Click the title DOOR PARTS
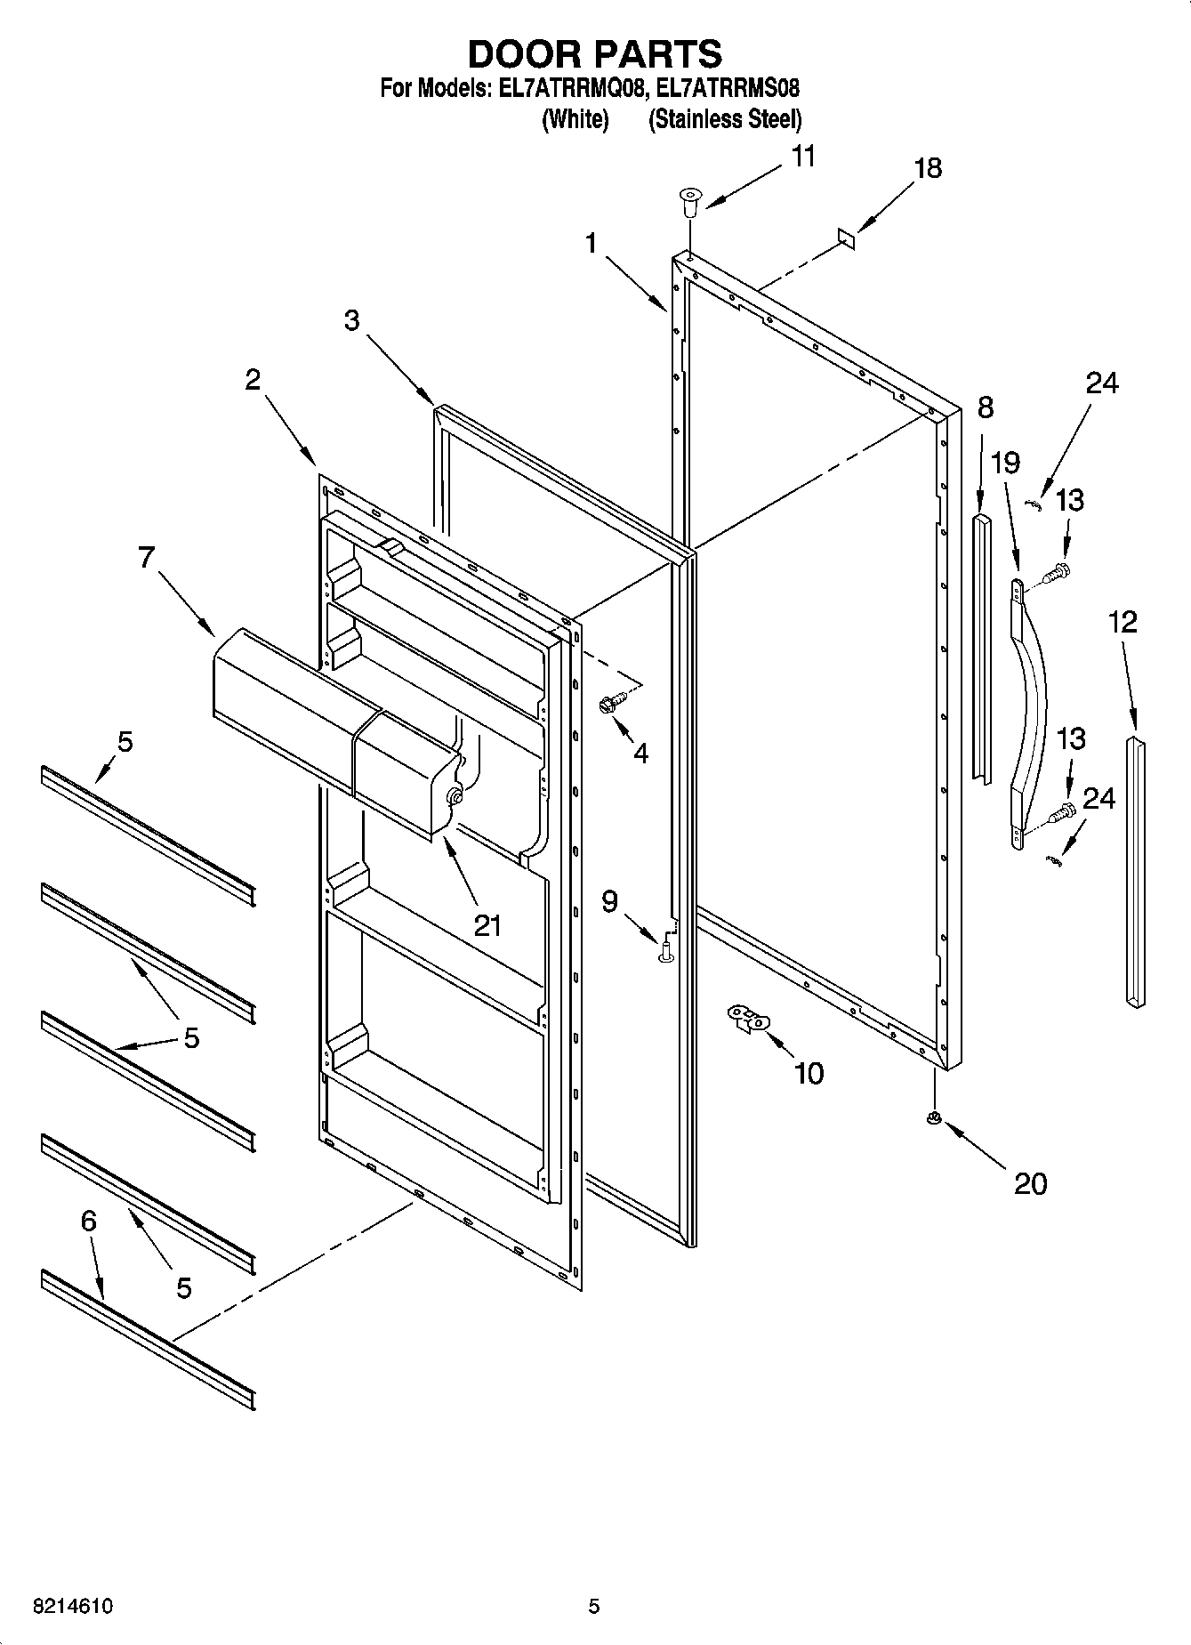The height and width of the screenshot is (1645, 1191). point(594,54)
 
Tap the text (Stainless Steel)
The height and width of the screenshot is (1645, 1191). point(724,119)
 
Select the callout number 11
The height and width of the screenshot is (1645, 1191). point(802,157)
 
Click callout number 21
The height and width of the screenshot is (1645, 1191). point(487,925)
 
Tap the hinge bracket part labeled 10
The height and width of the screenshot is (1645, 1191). point(747,1018)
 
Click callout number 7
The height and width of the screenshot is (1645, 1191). point(146,558)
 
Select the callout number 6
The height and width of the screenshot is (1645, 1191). point(88,1222)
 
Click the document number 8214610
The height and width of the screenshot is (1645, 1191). point(72,1607)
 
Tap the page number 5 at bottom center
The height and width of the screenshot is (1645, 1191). point(594,1607)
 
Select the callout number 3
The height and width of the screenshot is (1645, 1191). point(352,320)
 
